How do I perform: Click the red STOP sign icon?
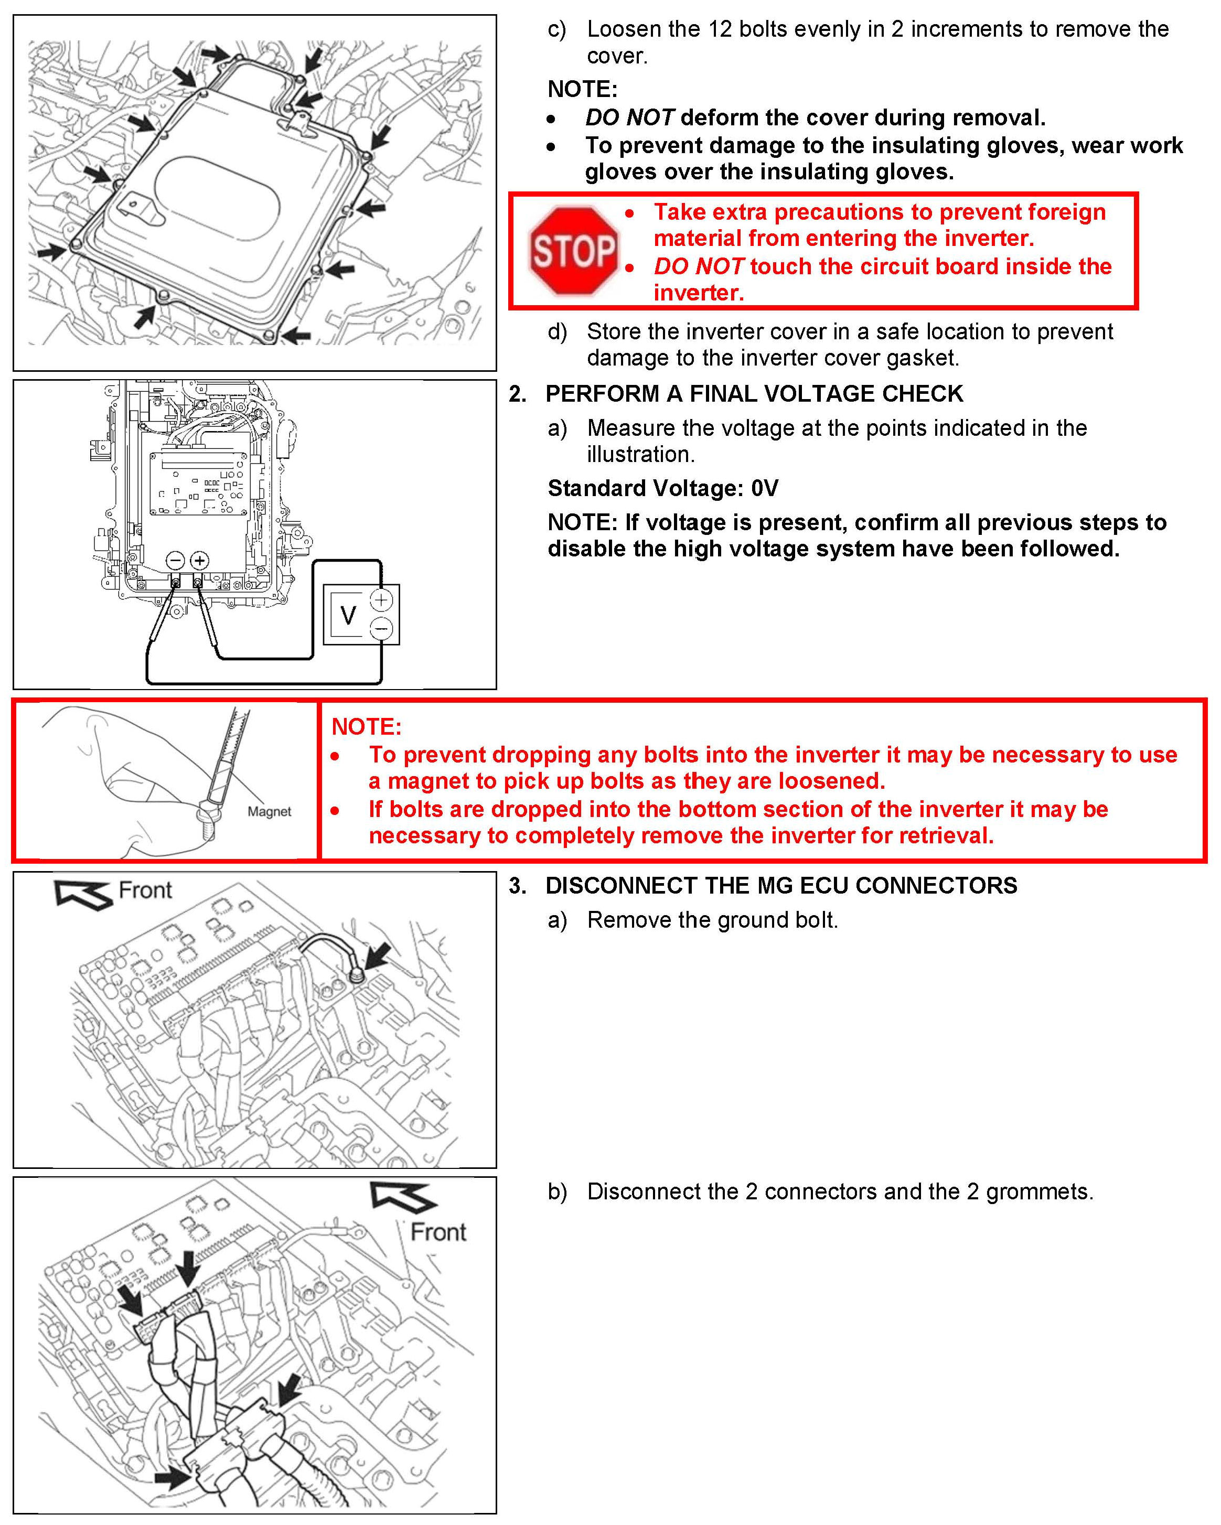(x=573, y=250)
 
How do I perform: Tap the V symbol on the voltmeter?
(x=348, y=615)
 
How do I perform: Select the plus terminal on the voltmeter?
(x=382, y=600)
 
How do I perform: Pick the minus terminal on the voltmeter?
(x=382, y=628)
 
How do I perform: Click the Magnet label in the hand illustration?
(x=269, y=811)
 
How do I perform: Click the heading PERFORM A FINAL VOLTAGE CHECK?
(x=754, y=393)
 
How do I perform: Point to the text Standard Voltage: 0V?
(x=663, y=488)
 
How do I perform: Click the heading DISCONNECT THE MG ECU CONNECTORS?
(x=781, y=886)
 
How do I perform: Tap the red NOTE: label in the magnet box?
(x=367, y=726)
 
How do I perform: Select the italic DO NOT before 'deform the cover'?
(x=629, y=117)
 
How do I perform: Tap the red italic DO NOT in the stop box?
(x=698, y=266)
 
